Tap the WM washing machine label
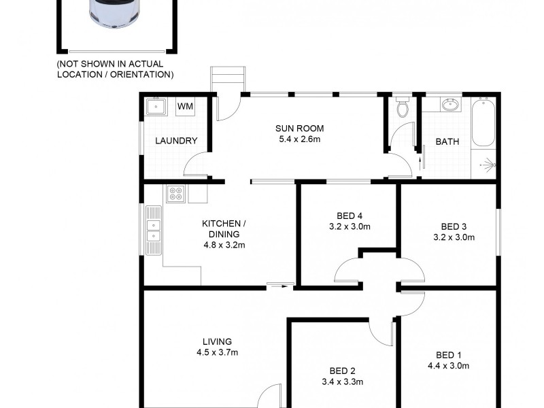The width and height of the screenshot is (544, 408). point(184,106)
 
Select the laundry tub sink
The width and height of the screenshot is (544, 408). point(156,107)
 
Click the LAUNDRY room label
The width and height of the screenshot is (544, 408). point(176,141)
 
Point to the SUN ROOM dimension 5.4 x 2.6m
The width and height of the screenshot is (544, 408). point(299,139)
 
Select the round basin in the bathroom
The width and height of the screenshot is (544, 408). point(449,105)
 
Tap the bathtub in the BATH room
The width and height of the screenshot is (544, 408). point(483,122)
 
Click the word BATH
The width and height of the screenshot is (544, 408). point(447,142)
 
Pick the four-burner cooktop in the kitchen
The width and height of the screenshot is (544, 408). point(175,194)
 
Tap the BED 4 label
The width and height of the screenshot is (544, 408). point(348,210)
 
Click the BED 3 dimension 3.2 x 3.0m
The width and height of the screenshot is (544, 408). point(454,237)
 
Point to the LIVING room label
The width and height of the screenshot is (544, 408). point(217,341)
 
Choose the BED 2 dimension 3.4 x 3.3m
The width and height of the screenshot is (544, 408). point(343,382)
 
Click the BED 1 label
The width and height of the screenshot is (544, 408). point(449,354)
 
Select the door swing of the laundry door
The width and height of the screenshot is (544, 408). point(195,165)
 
